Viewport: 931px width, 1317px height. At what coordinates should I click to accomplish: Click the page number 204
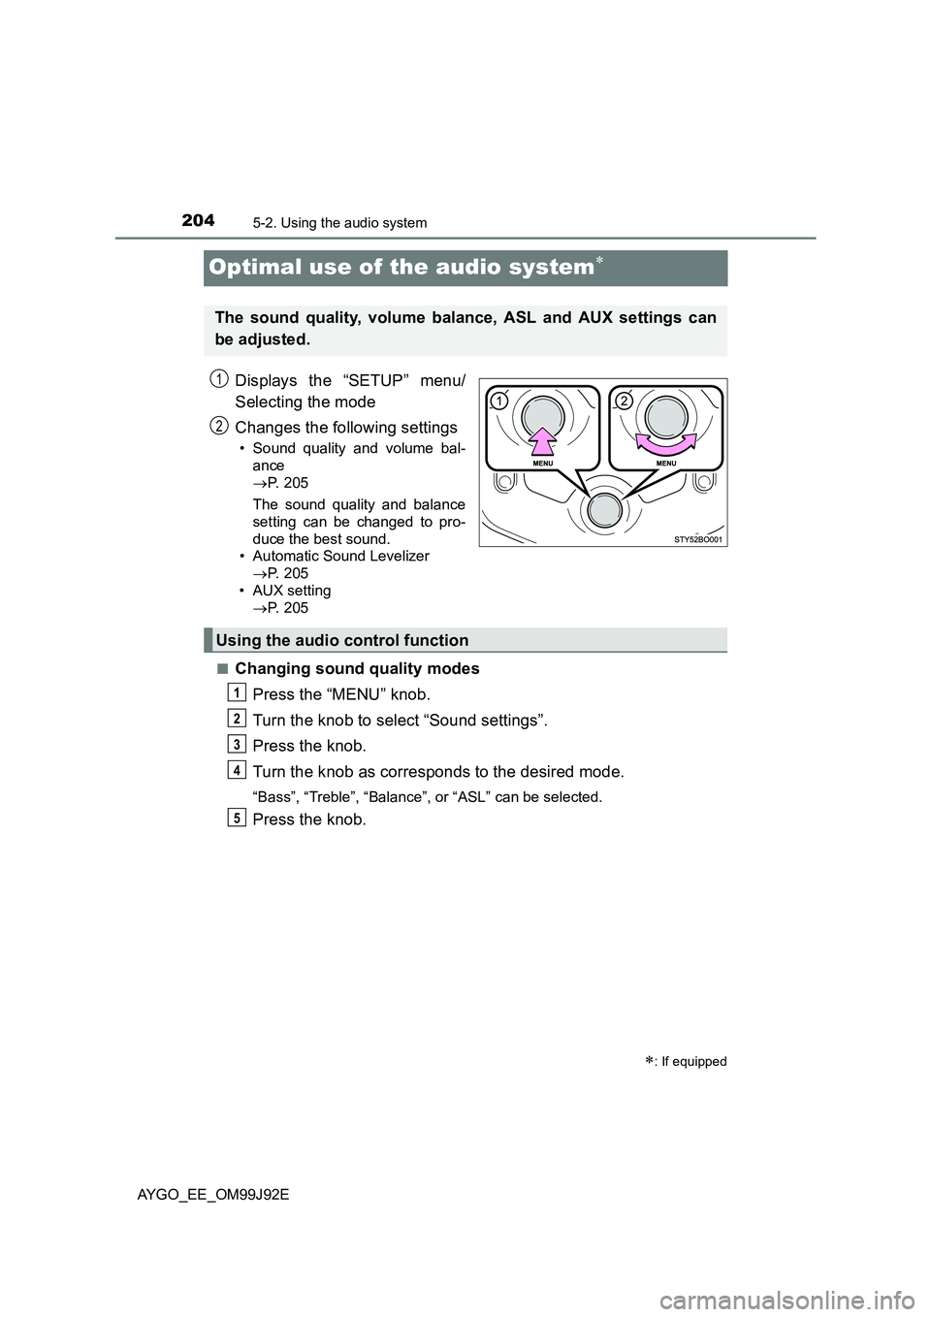pyautogui.click(x=198, y=220)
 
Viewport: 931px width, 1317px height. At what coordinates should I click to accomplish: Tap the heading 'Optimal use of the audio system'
pyautogui.click(x=400, y=267)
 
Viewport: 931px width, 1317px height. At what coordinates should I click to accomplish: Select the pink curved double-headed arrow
pyautogui.click(x=665, y=443)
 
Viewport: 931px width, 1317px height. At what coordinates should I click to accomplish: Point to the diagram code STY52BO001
pyautogui.click(x=698, y=539)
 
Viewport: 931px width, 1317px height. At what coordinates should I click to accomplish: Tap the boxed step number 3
pyautogui.click(x=238, y=744)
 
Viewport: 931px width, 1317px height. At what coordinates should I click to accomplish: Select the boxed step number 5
pyautogui.click(x=238, y=818)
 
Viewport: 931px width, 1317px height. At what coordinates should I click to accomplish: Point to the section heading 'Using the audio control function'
pyautogui.click(x=342, y=640)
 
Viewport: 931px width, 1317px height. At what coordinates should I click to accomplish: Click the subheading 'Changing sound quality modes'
pyautogui.click(x=357, y=668)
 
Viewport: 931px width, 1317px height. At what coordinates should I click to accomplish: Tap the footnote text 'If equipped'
pyautogui.click(x=692, y=1061)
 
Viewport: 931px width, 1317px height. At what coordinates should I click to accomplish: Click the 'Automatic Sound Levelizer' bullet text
pyautogui.click(x=340, y=556)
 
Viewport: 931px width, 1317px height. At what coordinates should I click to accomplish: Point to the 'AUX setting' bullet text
pyautogui.click(x=291, y=591)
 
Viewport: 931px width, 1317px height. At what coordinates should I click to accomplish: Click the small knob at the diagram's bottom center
pyautogui.click(x=602, y=510)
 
